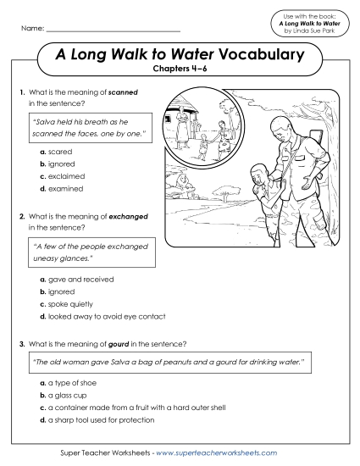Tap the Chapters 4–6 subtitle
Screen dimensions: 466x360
tap(180, 71)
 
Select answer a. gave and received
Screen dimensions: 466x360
tap(77, 279)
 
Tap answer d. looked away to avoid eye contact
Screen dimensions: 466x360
tap(102, 315)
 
